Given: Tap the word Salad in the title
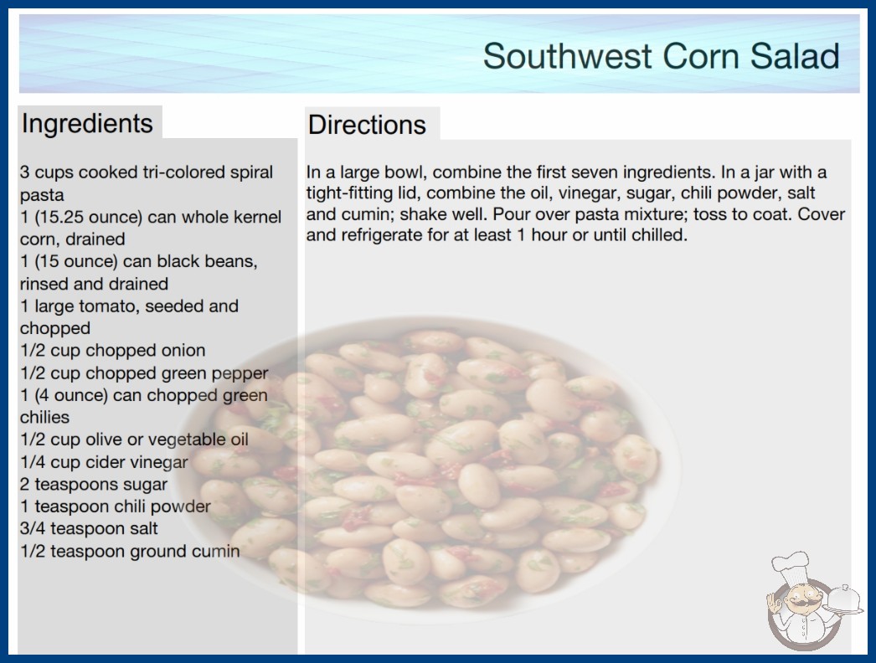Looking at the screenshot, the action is point(795,56).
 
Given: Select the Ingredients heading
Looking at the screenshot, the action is point(87,123).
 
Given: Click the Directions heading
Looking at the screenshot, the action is point(367,125).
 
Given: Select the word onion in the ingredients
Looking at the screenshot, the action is point(183,350).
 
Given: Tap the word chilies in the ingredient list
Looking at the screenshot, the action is point(44,417).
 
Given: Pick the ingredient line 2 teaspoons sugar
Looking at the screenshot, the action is point(94,484).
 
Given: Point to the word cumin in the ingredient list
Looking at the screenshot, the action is point(215,552).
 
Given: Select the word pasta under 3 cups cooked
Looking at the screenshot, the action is point(42,196).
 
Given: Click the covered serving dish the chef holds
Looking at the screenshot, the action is point(844,600).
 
